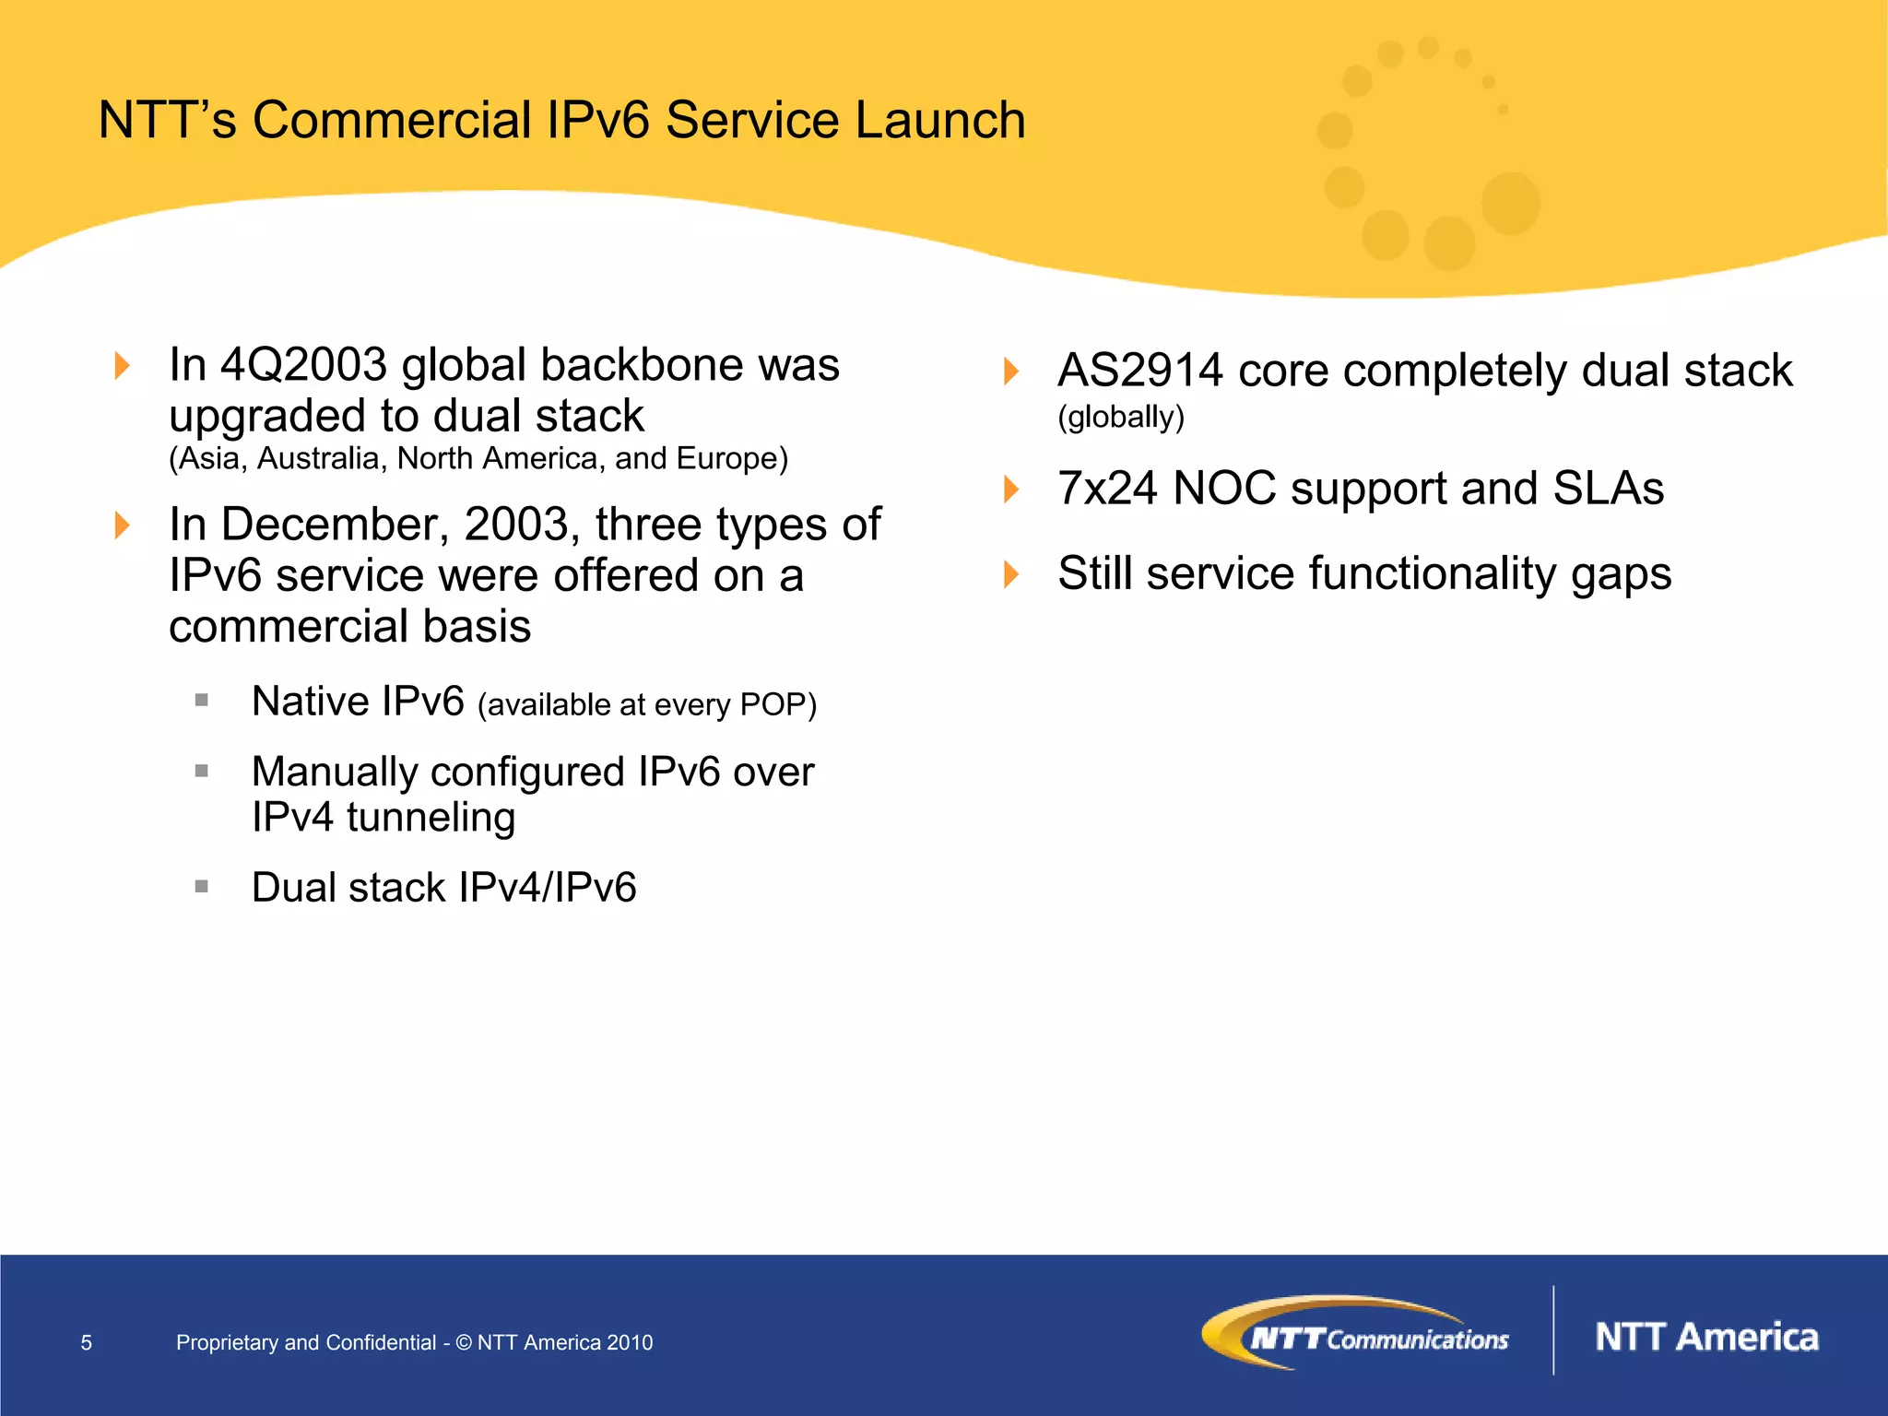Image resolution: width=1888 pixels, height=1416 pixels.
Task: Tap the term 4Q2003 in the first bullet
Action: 303,365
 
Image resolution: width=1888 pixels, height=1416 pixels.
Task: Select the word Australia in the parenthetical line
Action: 318,458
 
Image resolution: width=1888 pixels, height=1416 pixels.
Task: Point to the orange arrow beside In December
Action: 122,525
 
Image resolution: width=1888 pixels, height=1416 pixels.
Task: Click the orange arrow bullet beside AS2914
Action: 1011,372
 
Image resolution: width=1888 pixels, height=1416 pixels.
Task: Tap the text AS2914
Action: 1139,372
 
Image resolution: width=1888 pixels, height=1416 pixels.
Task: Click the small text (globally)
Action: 1120,417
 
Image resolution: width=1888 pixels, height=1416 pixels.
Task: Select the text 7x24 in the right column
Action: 1106,489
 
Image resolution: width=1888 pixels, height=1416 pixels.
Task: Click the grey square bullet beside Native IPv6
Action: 202,701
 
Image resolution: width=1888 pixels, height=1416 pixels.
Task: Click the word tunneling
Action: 431,818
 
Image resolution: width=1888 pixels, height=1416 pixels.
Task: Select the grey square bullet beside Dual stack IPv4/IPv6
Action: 202,887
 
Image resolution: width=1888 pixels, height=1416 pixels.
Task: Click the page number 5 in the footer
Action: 87,1342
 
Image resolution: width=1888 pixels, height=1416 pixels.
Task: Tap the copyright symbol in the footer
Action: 464,1342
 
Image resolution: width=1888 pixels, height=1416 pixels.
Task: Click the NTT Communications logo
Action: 1355,1334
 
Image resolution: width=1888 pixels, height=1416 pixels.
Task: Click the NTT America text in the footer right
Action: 1706,1338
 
